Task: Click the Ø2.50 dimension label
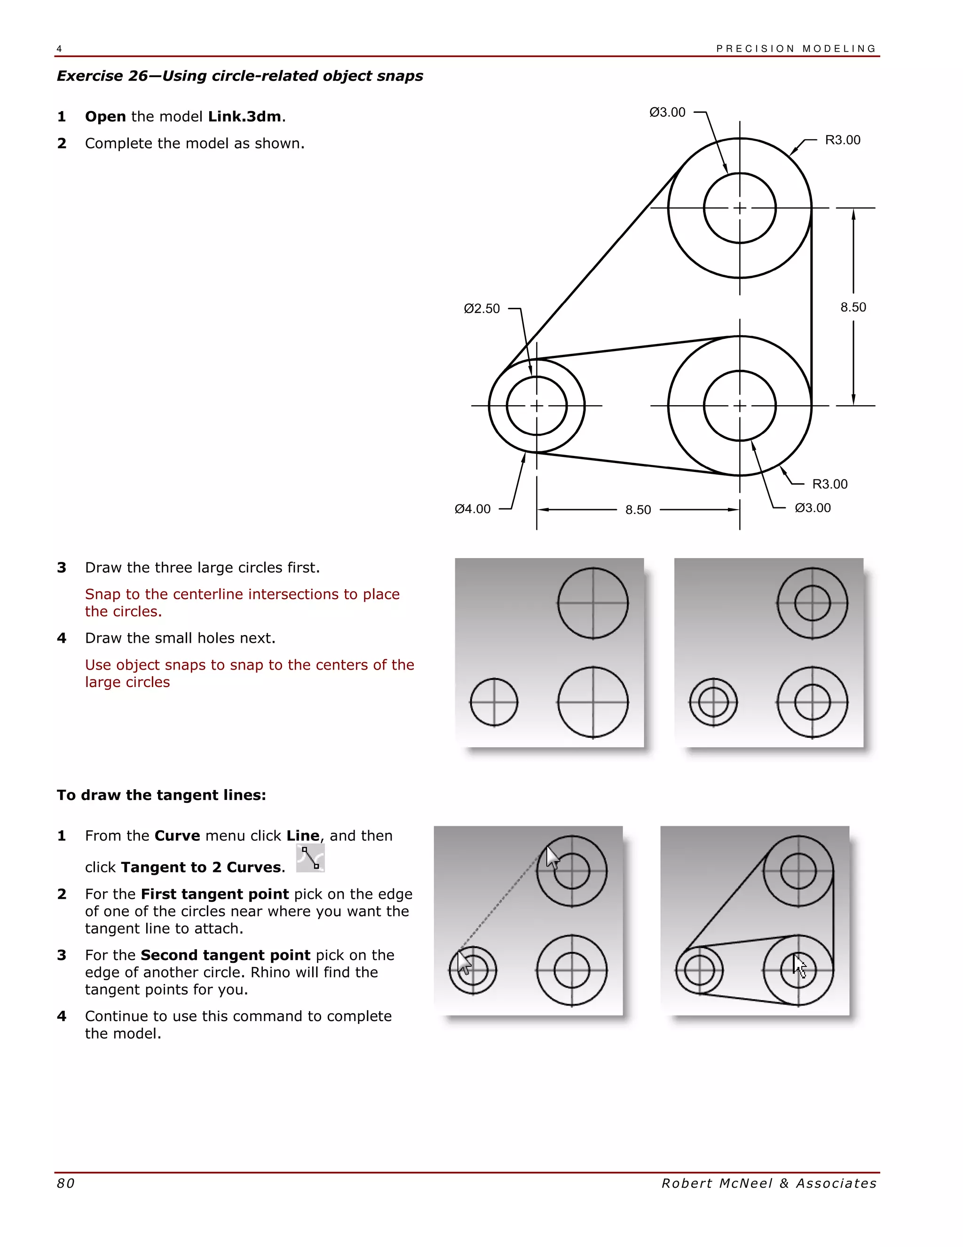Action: (x=481, y=309)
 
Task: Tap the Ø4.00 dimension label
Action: (x=473, y=509)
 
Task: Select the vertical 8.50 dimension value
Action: (x=853, y=307)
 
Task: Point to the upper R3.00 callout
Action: (x=843, y=140)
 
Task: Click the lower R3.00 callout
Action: (x=829, y=484)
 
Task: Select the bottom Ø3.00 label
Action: (x=813, y=508)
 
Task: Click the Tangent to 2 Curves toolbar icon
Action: (x=310, y=859)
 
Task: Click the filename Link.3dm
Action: (x=244, y=117)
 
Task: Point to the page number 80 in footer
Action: (x=66, y=1183)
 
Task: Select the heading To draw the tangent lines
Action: (x=161, y=795)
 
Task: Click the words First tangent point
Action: (x=214, y=894)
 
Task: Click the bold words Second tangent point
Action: (x=225, y=955)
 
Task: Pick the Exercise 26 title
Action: (x=240, y=76)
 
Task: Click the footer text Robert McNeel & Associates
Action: (x=768, y=1183)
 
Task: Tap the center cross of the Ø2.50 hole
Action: (x=536, y=405)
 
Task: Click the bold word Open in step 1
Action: (x=105, y=117)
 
